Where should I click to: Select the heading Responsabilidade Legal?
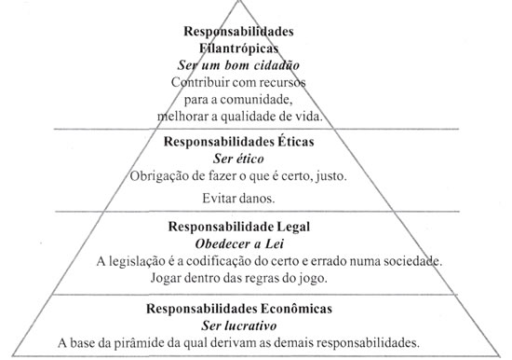tap(254, 227)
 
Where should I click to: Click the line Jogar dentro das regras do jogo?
tap(254, 277)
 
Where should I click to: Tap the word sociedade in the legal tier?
tap(410, 260)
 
